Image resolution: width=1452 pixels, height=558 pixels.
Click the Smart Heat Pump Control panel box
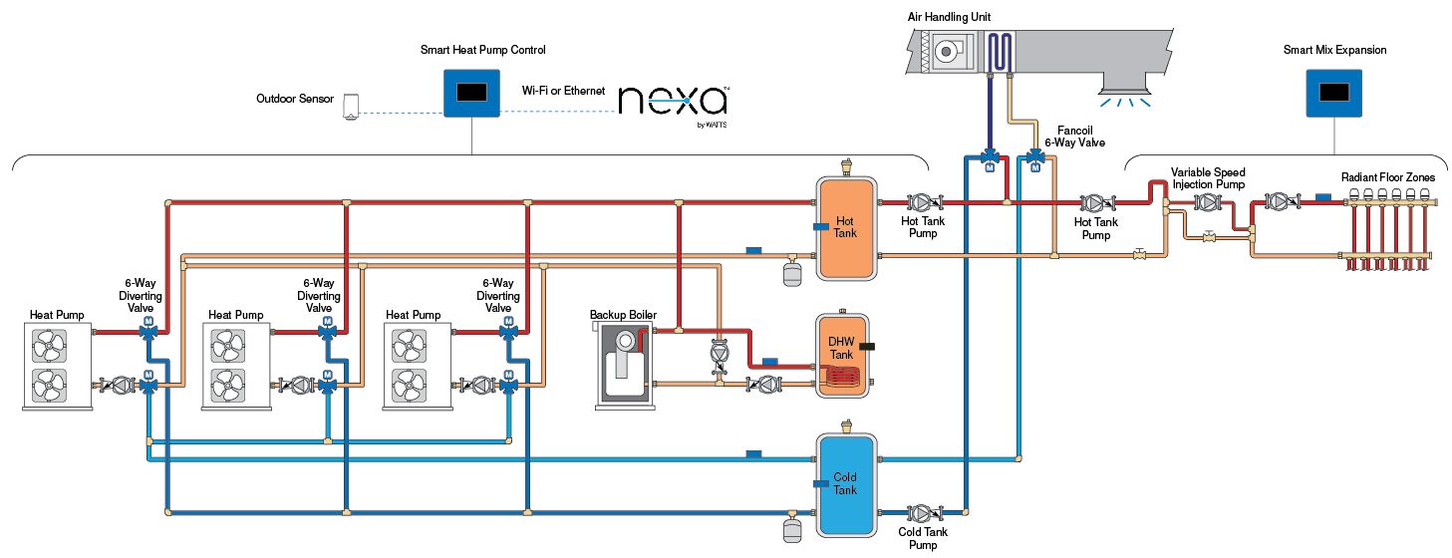[x=471, y=92]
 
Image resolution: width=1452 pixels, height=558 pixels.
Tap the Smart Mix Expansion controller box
[x=1334, y=92]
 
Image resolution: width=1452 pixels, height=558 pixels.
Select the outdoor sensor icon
[x=350, y=106]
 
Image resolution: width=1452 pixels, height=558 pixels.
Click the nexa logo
[x=673, y=101]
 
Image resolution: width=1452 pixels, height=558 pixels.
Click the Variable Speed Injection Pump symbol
[x=1207, y=203]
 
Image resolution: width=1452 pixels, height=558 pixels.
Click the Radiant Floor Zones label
[x=1387, y=177]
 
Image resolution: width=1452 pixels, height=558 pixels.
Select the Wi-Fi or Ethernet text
[x=563, y=91]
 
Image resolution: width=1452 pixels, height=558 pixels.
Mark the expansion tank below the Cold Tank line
[x=792, y=528]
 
